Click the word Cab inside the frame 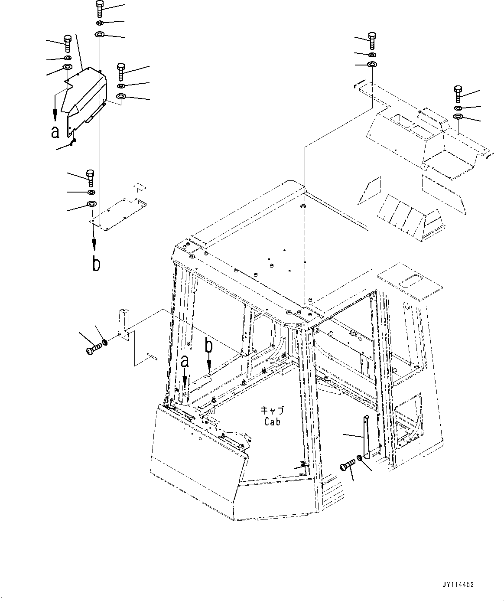272,421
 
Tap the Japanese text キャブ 272,410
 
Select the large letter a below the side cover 55,132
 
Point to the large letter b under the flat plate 96,264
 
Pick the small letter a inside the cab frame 185,361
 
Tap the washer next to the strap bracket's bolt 360,458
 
